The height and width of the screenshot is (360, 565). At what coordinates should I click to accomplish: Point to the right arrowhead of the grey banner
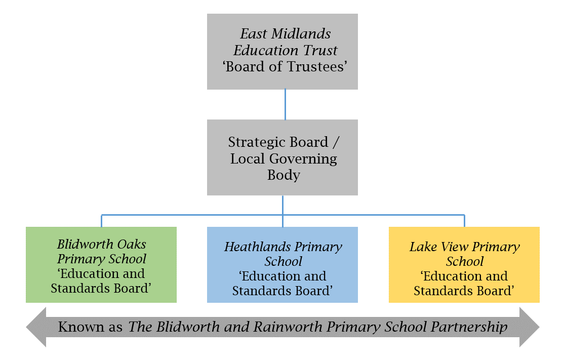pyautogui.click(x=530, y=327)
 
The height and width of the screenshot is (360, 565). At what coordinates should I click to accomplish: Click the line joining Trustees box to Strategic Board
pyautogui.click(x=285, y=104)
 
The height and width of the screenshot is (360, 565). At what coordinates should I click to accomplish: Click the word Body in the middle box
pyautogui.click(x=283, y=175)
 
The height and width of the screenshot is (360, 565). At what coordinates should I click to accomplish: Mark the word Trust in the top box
pyautogui.click(x=320, y=51)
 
